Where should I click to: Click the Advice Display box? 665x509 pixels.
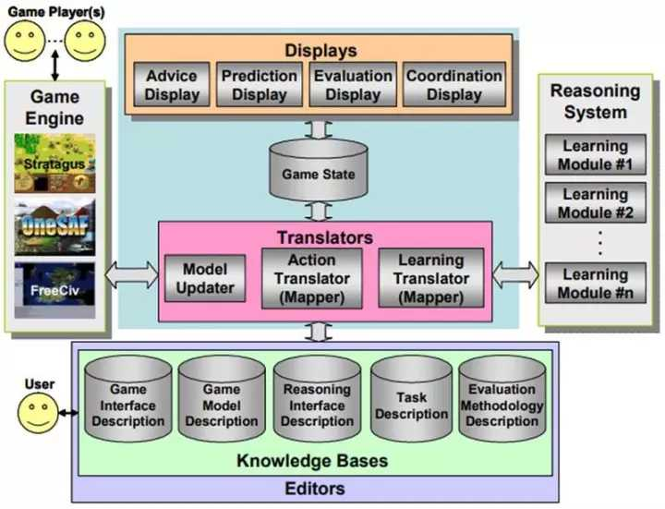tap(173, 85)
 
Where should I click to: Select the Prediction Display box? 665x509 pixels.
tap(260, 84)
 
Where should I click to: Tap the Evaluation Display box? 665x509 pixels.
tap(352, 84)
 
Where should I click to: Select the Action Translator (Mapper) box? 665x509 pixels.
tap(311, 277)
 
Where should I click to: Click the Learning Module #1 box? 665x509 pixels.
tap(596, 154)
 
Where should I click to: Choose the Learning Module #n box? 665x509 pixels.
tap(596, 282)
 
